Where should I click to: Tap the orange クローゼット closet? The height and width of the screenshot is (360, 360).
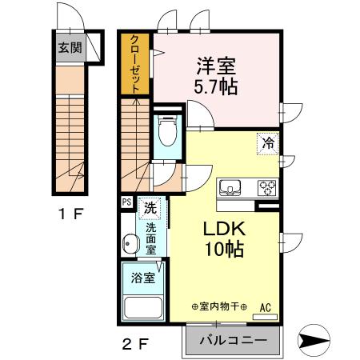click(x=135, y=64)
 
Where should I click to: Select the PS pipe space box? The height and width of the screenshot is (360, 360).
click(x=126, y=203)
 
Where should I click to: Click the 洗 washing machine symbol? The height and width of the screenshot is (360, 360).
click(x=150, y=208)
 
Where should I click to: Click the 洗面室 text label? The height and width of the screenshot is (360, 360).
click(x=150, y=238)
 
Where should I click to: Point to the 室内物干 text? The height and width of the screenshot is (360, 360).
click(x=219, y=307)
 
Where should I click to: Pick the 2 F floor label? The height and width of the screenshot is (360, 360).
click(x=136, y=345)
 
